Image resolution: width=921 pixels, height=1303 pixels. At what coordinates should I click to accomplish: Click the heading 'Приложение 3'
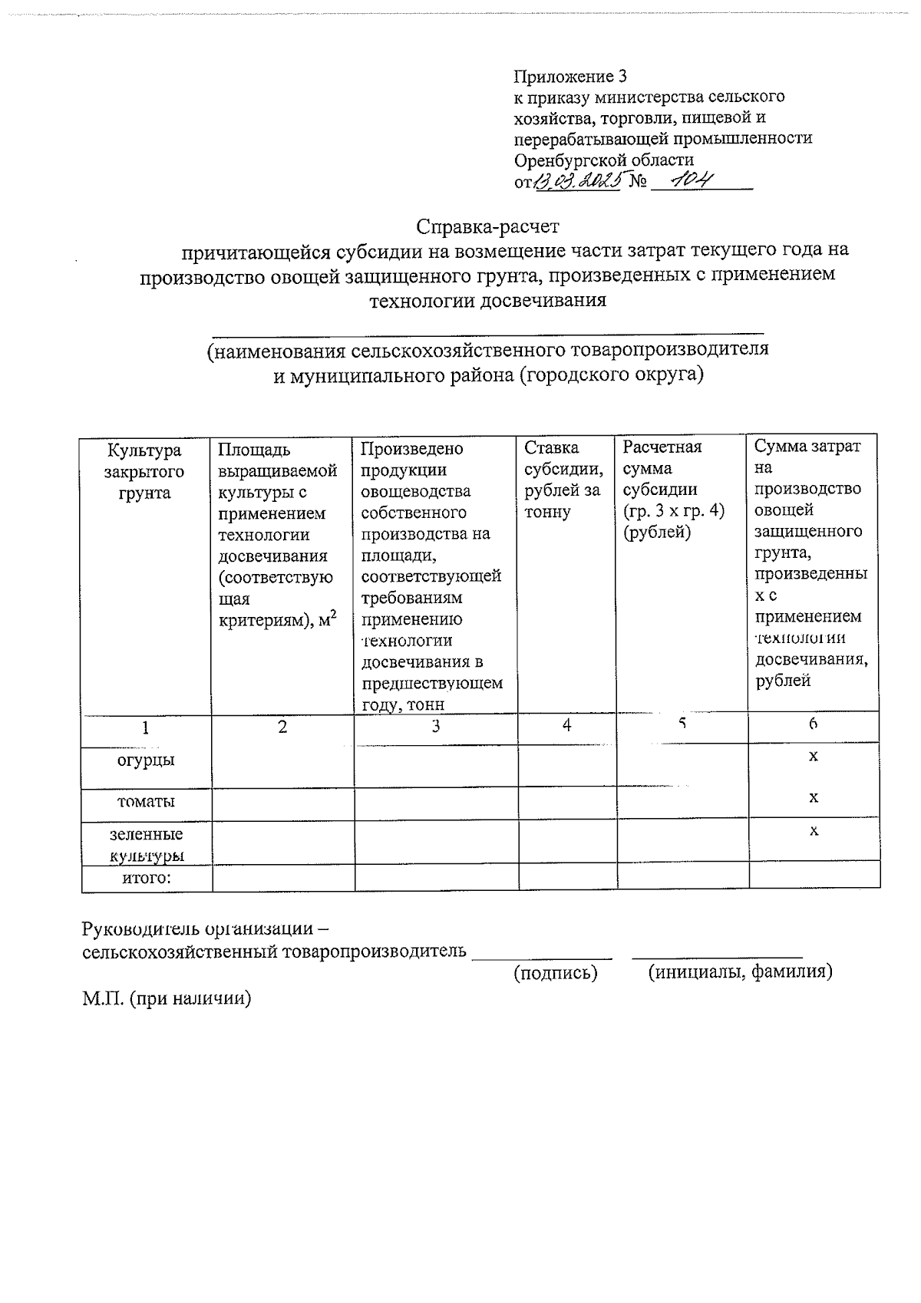click(570, 77)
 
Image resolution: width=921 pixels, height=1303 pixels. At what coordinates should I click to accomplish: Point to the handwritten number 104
click(692, 180)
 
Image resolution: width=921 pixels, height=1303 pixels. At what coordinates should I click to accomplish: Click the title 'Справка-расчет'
click(488, 227)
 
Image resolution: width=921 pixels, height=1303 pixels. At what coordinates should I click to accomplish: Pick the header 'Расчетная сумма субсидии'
click(673, 489)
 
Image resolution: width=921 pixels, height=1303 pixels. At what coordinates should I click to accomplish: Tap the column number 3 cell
click(436, 727)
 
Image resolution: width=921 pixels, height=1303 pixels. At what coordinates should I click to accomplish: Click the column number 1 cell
click(145, 727)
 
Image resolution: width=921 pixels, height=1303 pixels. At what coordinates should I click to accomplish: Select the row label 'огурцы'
click(145, 760)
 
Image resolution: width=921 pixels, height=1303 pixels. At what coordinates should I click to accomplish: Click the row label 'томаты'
click(146, 801)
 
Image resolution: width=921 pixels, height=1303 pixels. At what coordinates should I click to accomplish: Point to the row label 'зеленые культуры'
click(146, 844)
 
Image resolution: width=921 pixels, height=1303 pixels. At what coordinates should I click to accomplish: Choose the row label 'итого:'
click(146, 877)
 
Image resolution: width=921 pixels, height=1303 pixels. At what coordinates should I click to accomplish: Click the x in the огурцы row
click(813, 757)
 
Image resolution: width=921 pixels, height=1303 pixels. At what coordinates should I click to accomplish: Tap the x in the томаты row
click(813, 798)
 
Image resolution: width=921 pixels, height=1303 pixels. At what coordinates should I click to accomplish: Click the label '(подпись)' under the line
click(555, 973)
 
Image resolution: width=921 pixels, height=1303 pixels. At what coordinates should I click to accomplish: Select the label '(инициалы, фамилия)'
click(740, 972)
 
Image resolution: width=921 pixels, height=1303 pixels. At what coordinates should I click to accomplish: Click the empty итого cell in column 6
click(814, 876)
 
